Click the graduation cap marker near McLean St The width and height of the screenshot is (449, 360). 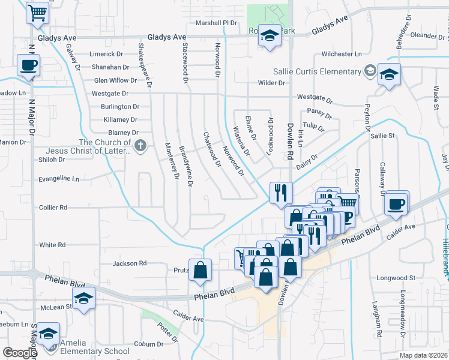(x=83, y=298)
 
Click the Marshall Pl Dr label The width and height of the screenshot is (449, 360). (x=217, y=23)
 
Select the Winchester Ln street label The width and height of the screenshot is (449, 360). (x=342, y=53)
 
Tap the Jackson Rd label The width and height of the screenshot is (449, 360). (x=130, y=263)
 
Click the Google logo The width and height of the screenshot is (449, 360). (x=20, y=353)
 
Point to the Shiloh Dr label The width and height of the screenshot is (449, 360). (x=52, y=160)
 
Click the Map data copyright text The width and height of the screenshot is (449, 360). (x=422, y=355)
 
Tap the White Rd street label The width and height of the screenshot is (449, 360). (x=52, y=245)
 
